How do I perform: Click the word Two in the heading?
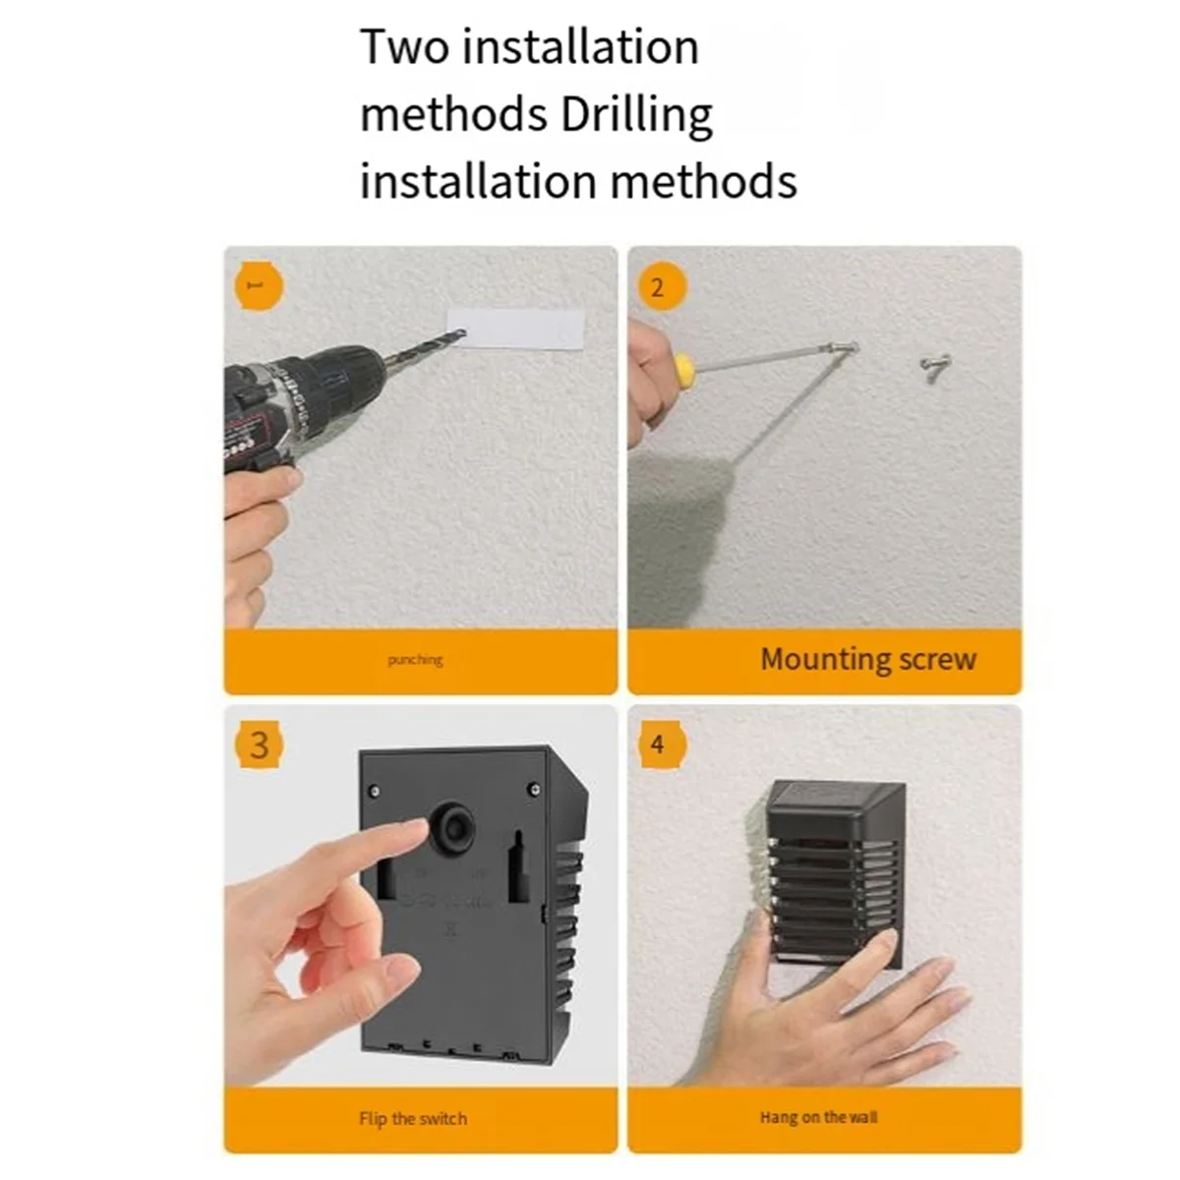tap(404, 48)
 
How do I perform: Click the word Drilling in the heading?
tap(637, 115)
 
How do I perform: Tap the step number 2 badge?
tap(658, 286)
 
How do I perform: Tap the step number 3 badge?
tap(259, 744)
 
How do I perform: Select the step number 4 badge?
tap(658, 744)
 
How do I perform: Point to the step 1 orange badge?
tap(259, 286)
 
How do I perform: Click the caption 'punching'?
tap(415, 660)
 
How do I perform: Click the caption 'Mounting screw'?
tap(868, 660)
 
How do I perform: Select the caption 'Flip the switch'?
tap(413, 1119)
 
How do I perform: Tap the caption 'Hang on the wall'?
tap(819, 1117)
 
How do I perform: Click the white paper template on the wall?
tap(516, 328)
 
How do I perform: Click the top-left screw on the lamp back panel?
tap(375, 791)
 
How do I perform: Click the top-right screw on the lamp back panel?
tap(536, 789)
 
